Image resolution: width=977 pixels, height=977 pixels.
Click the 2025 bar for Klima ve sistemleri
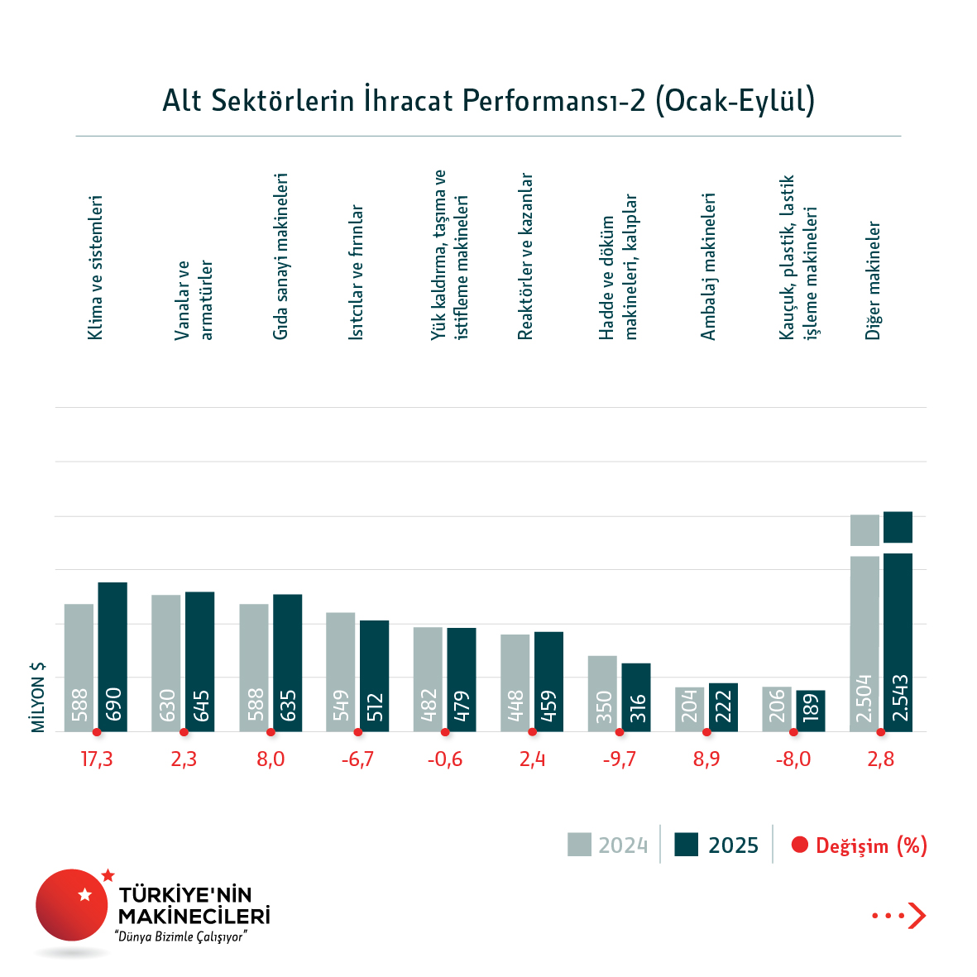tap(113, 657)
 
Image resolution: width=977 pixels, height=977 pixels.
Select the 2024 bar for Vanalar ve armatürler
tap(165, 663)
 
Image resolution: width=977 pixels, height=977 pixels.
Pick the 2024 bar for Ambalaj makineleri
tap(689, 709)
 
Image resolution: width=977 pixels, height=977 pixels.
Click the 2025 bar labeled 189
tap(811, 711)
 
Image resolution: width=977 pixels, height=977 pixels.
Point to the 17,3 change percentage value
tap(97, 759)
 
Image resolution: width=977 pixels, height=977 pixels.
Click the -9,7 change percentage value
tap(620, 759)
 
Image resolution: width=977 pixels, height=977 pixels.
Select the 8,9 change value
tap(706, 759)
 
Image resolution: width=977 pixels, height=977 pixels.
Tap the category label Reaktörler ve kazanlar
tap(525, 256)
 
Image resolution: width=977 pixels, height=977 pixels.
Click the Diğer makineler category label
tap(874, 280)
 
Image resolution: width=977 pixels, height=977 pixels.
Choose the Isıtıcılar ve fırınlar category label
tap(356, 272)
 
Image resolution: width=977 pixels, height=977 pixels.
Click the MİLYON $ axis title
tap(38, 697)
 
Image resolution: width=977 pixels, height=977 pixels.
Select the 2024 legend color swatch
tap(579, 845)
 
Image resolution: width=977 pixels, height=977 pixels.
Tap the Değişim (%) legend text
tap(871, 845)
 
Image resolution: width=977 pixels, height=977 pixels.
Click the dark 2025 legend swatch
tap(687, 845)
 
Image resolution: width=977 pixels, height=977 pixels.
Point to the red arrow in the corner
tap(916, 916)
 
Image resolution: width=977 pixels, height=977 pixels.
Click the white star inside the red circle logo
tap(84, 894)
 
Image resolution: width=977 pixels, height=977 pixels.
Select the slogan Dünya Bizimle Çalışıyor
tap(182, 937)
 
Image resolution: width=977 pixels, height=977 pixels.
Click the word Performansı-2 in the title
tap(554, 100)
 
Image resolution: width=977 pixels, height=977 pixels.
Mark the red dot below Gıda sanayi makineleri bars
tap(271, 732)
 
